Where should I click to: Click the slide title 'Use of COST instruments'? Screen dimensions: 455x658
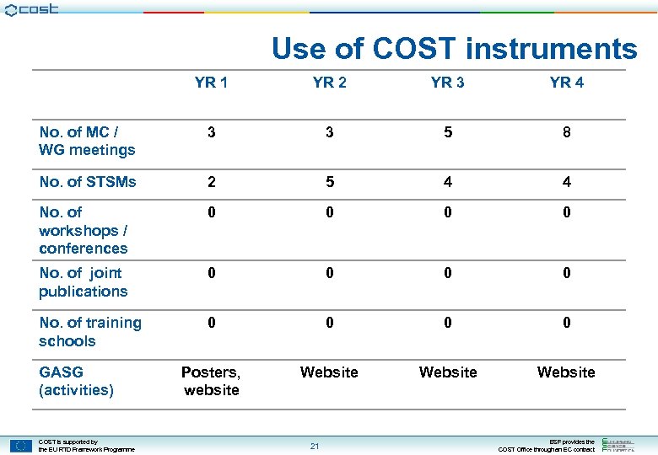[x=454, y=49]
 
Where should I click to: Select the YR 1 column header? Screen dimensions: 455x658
[x=211, y=83]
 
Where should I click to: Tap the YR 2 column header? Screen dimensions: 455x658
[x=329, y=83]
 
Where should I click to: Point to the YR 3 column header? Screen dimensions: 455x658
[x=447, y=83]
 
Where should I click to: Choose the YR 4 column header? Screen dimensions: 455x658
[x=566, y=83]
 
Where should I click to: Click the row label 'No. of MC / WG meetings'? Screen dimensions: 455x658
[x=87, y=141]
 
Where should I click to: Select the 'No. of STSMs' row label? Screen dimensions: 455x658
[x=87, y=182]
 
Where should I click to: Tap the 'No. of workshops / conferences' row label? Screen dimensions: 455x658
[x=83, y=230]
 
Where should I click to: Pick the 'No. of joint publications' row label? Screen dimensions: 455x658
[x=83, y=282]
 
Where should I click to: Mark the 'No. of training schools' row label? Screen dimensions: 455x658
[x=89, y=332]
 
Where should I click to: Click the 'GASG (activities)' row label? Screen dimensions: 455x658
[x=76, y=381]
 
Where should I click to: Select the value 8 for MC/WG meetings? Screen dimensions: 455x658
[x=566, y=132]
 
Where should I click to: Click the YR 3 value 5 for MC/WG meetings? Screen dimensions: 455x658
[x=447, y=132]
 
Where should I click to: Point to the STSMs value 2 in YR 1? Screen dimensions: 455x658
[x=211, y=182]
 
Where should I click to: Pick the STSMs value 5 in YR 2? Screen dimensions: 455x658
[x=329, y=182]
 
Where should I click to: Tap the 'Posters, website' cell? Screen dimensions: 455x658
[x=211, y=381]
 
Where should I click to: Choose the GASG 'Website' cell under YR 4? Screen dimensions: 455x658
[x=566, y=372]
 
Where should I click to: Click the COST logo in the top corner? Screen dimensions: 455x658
[x=31, y=9]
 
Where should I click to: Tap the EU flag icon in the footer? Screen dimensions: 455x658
[x=21, y=445]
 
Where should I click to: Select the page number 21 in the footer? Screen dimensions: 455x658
[x=314, y=446]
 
